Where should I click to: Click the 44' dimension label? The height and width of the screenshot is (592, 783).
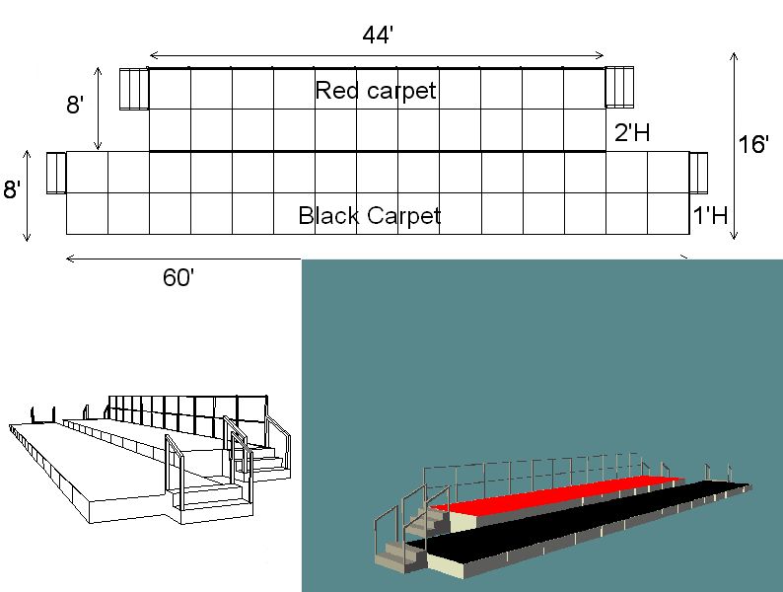point(378,36)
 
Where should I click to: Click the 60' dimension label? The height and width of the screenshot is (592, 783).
point(178,277)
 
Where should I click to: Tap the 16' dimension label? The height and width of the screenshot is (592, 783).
point(753,144)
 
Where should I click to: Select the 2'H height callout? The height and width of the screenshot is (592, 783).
point(632,133)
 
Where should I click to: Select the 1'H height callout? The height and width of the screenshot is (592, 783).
point(710,215)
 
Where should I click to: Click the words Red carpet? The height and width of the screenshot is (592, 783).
point(376,91)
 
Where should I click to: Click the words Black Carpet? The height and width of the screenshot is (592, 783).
point(370,215)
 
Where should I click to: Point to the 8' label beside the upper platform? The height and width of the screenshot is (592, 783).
point(75,105)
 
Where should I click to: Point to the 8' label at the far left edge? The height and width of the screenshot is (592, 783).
point(12,189)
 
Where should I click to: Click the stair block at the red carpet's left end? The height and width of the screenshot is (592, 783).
point(134,89)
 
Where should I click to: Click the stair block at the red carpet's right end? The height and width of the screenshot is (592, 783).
point(619,87)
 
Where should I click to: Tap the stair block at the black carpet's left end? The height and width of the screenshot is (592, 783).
point(56,173)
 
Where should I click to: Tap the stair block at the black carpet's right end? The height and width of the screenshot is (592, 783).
point(698,173)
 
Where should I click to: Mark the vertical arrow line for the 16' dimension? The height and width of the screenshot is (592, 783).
point(734,145)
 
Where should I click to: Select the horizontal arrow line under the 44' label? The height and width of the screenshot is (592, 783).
point(377,55)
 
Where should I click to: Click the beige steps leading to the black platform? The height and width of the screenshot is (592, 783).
point(400,554)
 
